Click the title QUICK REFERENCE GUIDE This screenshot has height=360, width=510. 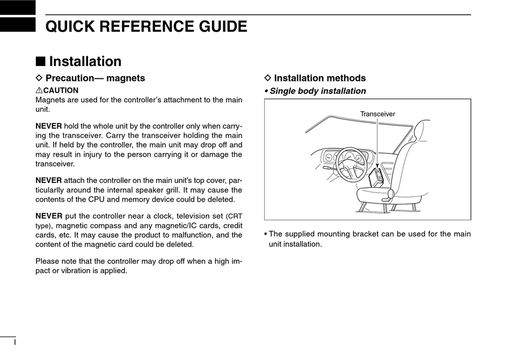146,26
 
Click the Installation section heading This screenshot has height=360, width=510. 85,62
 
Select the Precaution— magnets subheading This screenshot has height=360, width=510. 95,78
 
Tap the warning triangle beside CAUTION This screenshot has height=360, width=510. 39,91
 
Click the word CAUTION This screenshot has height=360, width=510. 61,91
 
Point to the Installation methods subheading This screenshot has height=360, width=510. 319,78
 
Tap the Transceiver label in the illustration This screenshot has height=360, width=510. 377,114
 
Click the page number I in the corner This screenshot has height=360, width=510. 15,342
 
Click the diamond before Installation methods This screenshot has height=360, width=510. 268,78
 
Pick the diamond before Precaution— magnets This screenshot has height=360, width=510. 39,78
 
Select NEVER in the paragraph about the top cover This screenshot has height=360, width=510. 48,180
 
